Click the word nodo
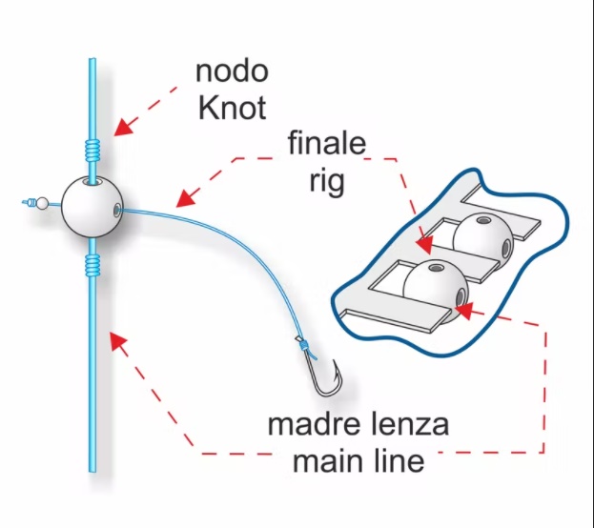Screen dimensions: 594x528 [x=232, y=71]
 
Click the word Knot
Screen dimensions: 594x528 [x=232, y=108]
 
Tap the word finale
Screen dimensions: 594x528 [x=327, y=142]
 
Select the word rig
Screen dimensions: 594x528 [x=327, y=181]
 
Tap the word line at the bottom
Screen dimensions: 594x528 [x=400, y=460]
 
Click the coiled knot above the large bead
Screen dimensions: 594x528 [x=92, y=150]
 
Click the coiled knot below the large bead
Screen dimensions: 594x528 [x=92, y=264]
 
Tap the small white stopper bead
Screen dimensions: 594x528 [x=42, y=203]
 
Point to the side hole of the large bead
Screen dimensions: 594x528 [x=117, y=209]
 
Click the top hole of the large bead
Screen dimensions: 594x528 [x=92, y=183]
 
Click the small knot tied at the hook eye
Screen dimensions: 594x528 [x=302, y=346]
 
